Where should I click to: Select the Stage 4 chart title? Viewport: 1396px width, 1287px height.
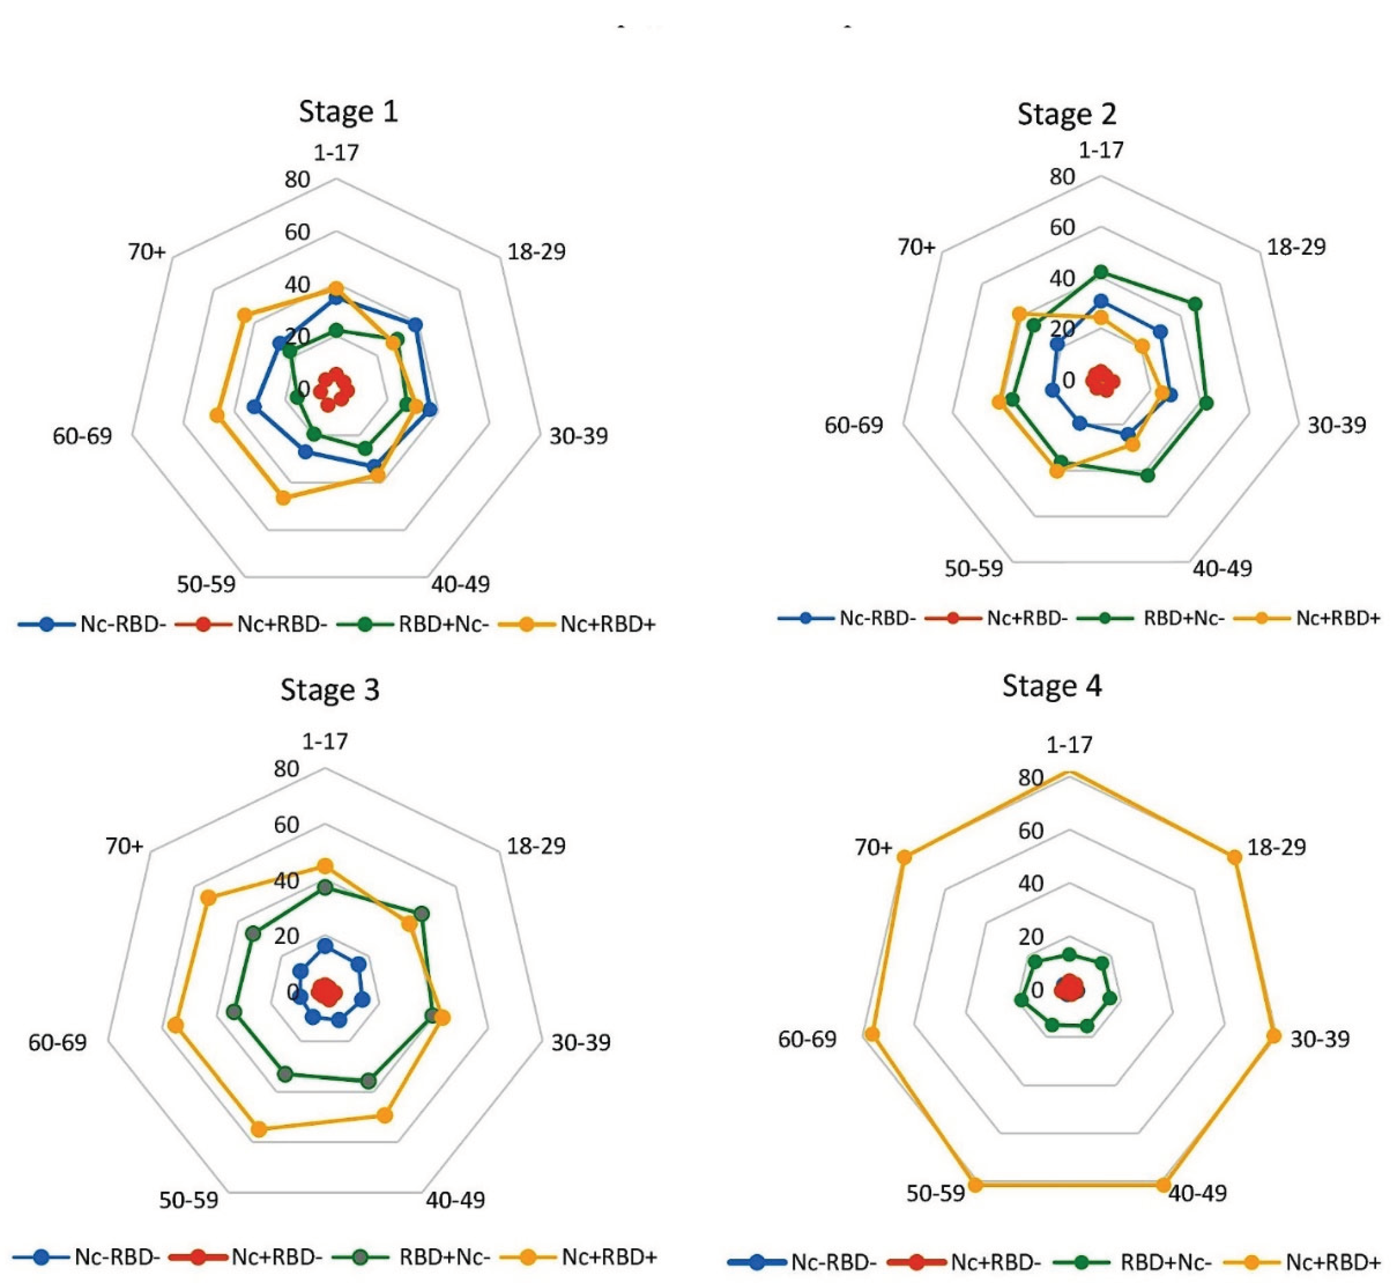(x=1052, y=686)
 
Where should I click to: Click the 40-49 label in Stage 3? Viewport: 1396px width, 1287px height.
(x=455, y=1200)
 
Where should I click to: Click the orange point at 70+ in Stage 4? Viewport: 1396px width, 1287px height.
(x=904, y=857)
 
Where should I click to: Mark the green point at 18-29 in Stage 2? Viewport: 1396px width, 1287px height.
(x=1195, y=304)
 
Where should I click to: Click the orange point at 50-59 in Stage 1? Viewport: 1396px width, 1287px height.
(x=283, y=498)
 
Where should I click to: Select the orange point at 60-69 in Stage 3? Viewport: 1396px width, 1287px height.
(x=175, y=1025)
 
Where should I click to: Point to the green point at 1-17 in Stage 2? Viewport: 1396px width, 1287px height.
(x=1101, y=272)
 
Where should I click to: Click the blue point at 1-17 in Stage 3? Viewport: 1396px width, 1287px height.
(x=325, y=946)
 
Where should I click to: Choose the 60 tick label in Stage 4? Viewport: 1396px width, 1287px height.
(x=1031, y=831)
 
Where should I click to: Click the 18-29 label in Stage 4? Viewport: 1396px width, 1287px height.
(x=1276, y=848)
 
